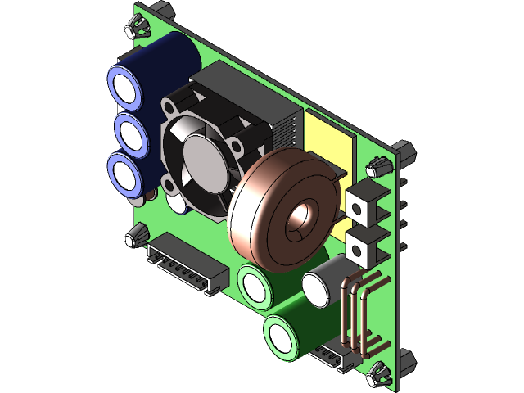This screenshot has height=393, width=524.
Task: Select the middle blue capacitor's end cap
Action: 128,132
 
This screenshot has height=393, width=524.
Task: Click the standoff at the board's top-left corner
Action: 136,28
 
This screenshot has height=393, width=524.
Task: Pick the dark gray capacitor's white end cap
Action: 318,287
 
